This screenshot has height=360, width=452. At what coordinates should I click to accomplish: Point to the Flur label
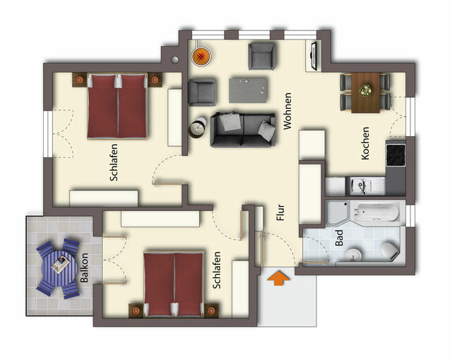pyautogui.click(x=280, y=214)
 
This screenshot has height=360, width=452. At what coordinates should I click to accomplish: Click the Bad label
pyautogui.click(x=340, y=237)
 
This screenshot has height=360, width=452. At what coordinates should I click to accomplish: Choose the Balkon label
pyautogui.click(x=85, y=268)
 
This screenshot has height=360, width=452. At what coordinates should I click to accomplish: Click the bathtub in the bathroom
pyautogui.click(x=375, y=212)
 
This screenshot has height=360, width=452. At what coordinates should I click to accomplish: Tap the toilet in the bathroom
pyautogui.click(x=388, y=249)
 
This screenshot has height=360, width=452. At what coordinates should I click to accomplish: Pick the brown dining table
pyautogui.click(x=365, y=92)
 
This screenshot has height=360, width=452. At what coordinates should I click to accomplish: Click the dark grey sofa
pyautogui.click(x=242, y=128)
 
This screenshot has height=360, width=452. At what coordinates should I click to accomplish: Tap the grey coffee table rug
pyautogui.click(x=249, y=90)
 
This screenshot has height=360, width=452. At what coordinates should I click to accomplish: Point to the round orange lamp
pyautogui.click(x=201, y=55)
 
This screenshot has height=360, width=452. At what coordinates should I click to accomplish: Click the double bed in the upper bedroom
pyautogui.click(x=117, y=106)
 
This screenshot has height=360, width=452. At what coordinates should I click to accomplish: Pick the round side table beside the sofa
pyautogui.click(x=196, y=128)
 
